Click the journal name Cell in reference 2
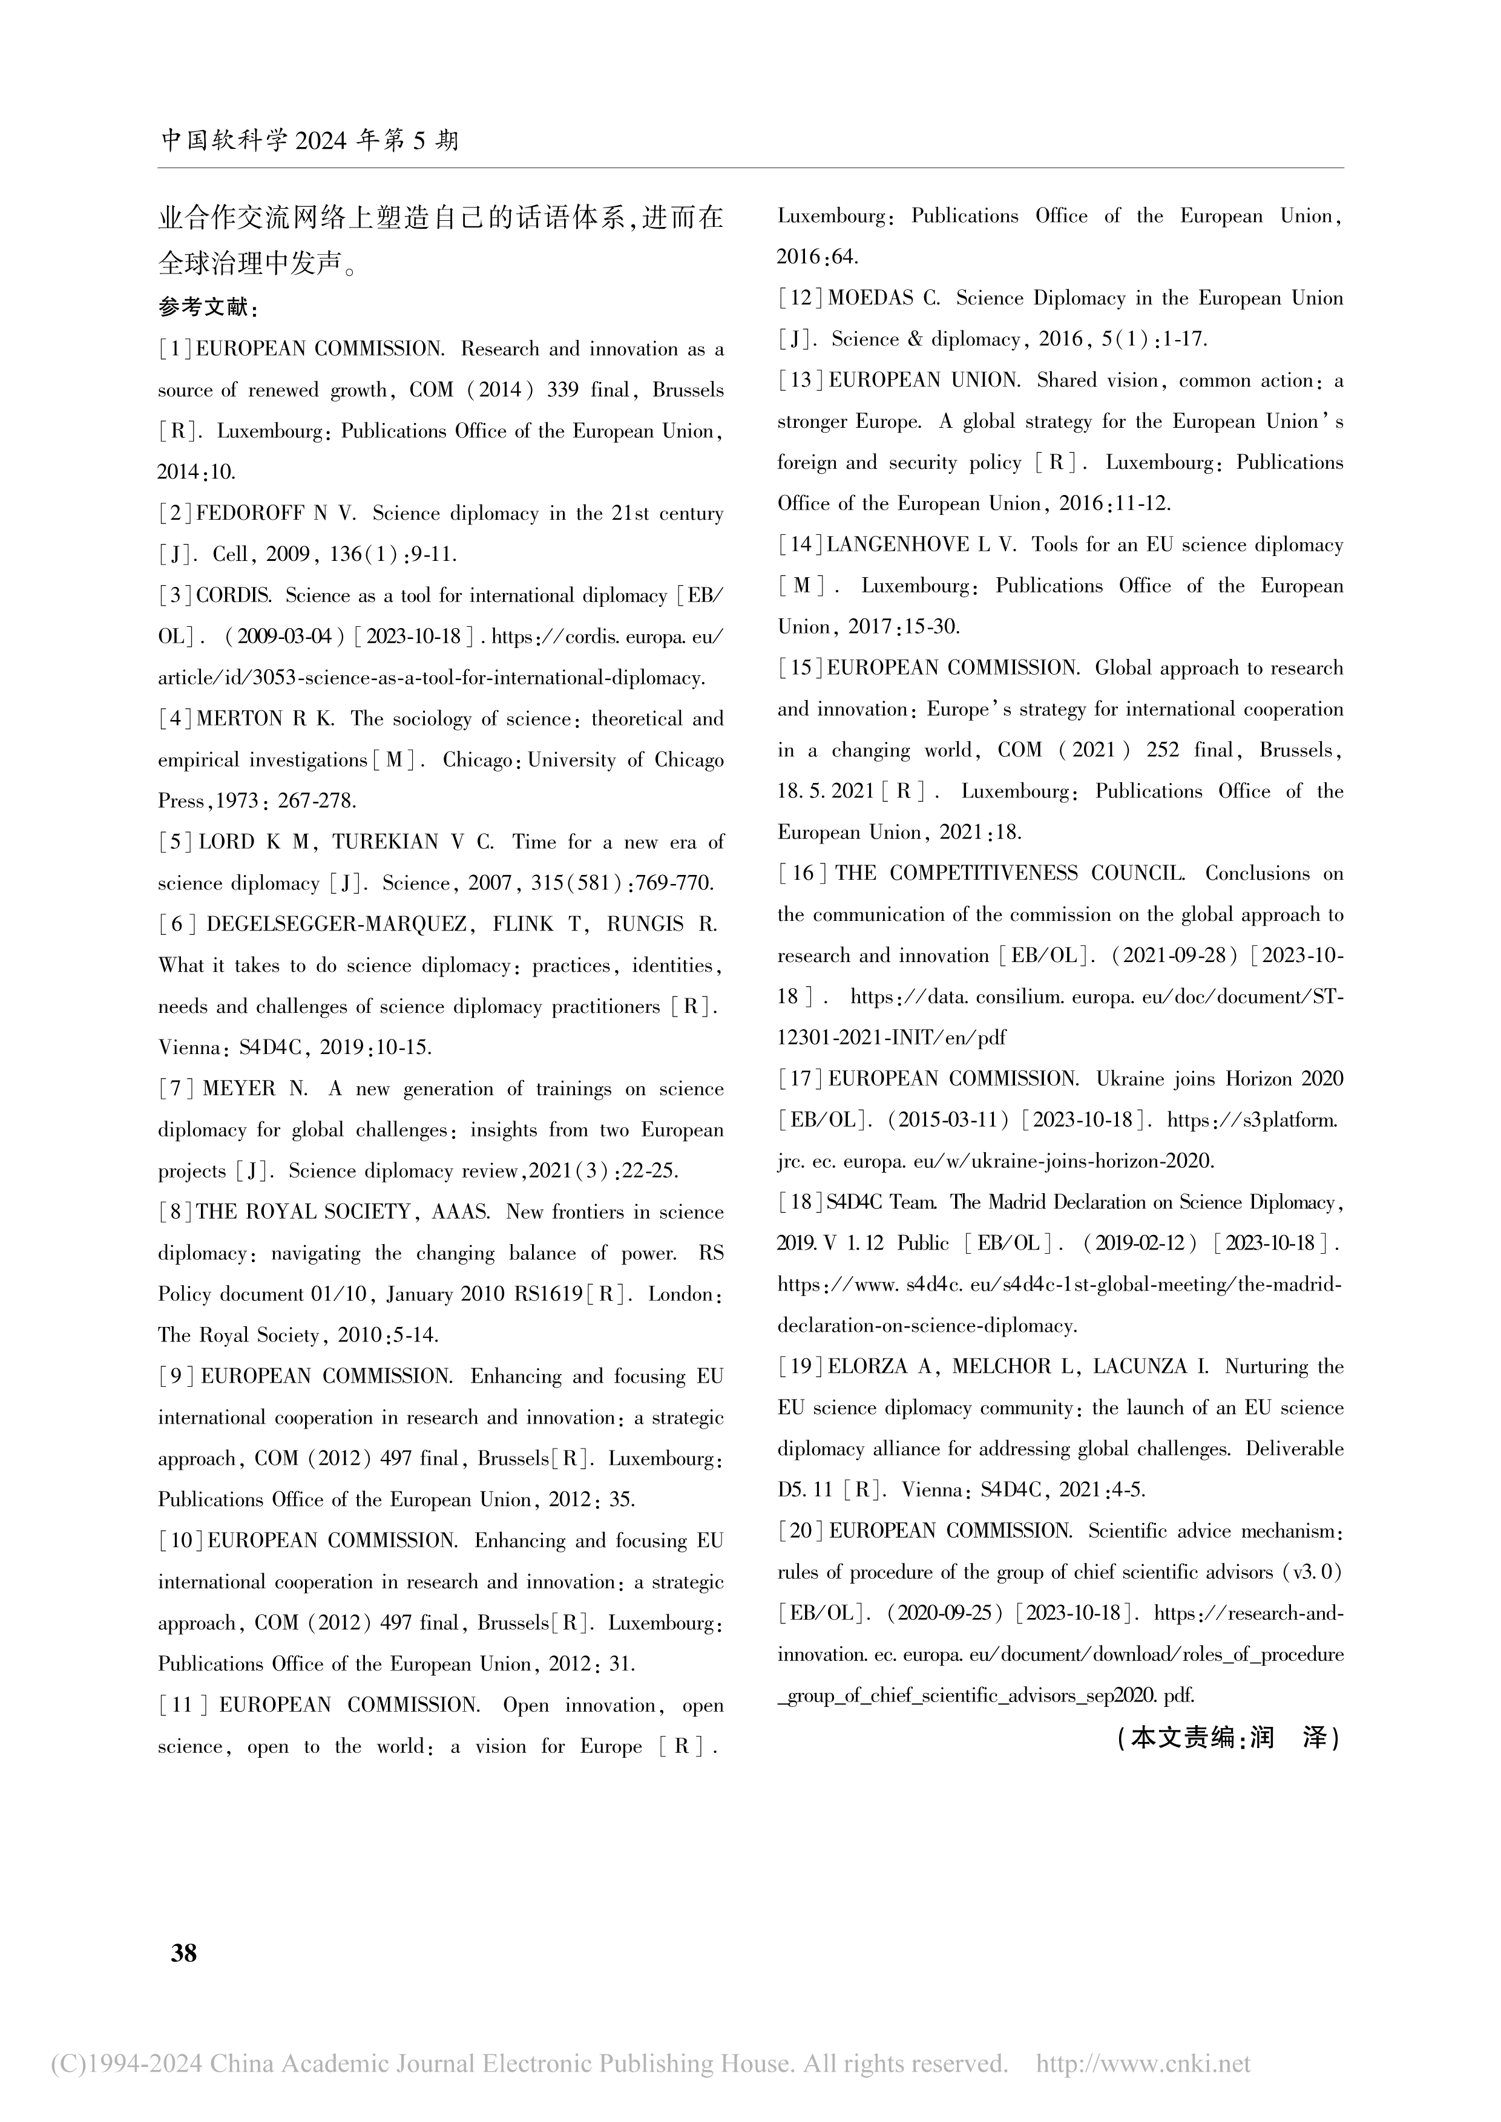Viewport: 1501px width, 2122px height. [x=230, y=554]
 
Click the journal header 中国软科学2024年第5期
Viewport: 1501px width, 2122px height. [x=310, y=140]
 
